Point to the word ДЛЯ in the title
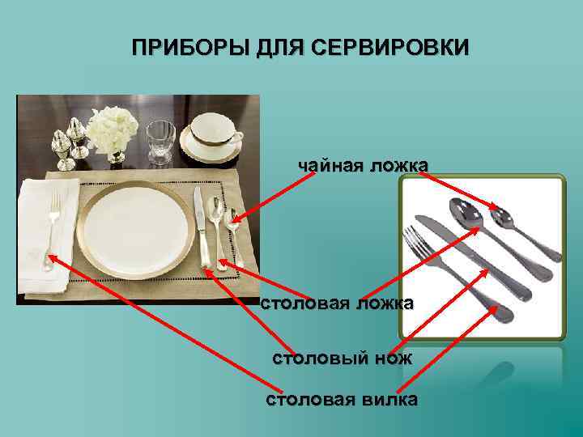tap(274, 46)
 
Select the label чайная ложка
tap(363, 166)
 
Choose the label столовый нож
tap(342, 357)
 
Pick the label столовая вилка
tap(342, 399)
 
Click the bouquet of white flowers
tap(113, 129)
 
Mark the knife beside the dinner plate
tap(200, 227)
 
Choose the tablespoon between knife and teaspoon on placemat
tap(215, 223)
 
